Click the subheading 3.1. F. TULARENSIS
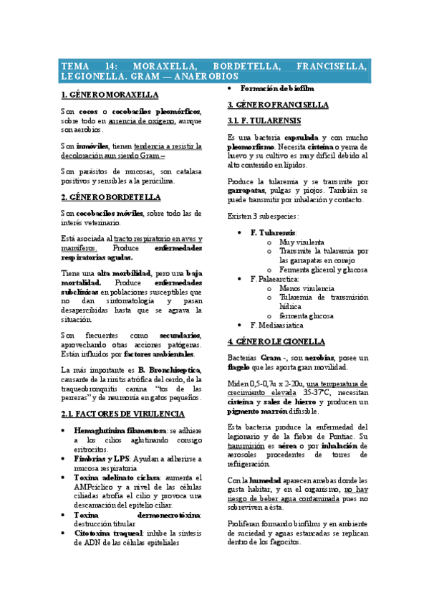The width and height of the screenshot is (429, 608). click(264, 120)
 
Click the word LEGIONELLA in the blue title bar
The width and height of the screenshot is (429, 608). click(93, 75)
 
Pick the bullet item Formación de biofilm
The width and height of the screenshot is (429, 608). click(276, 88)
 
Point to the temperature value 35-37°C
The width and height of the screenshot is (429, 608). click(317, 394)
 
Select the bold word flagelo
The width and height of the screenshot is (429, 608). click(241, 368)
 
